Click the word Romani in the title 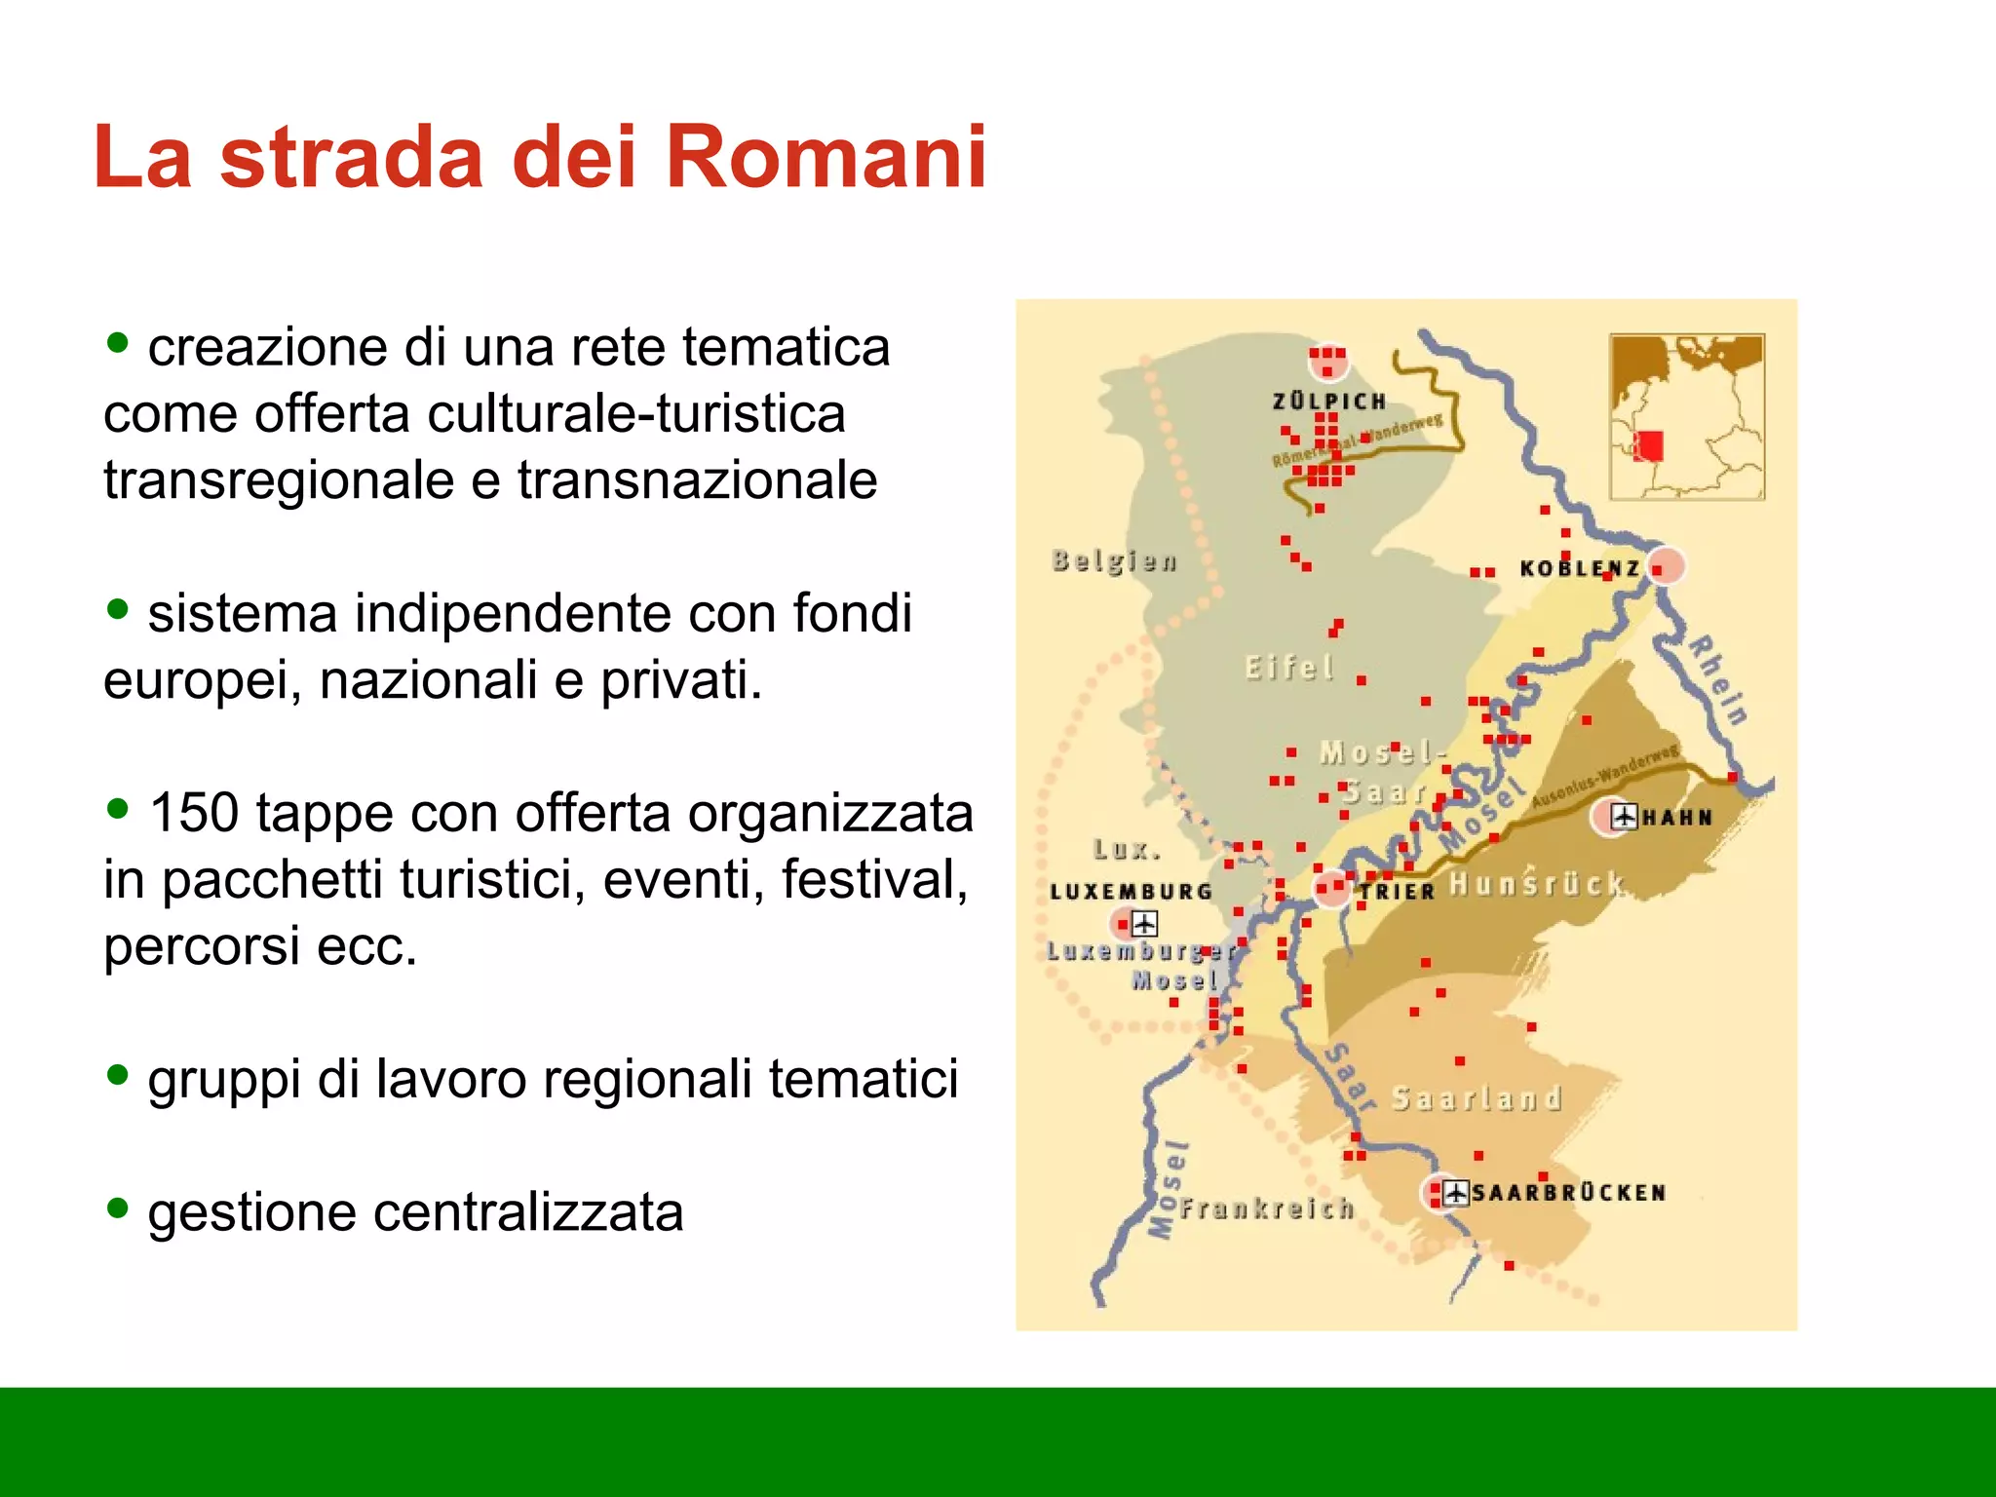tap(826, 158)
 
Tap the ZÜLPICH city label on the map tap(1328, 402)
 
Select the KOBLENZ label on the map tap(1579, 568)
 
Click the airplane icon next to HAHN tap(1624, 816)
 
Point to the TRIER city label tap(1398, 891)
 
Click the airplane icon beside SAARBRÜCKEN tap(1455, 1192)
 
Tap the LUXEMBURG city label tap(1131, 891)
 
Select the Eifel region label tap(1288, 668)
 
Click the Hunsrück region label tap(1536, 884)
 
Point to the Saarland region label tap(1476, 1098)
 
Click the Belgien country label tap(1114, 561)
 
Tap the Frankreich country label tap(1266, 1209)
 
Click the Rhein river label tap(1718, 679)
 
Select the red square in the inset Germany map tap(1649, 445)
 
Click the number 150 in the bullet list tap(194, 813)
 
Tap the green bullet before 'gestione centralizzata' tap(118, 1209)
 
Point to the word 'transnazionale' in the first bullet tap(697, 480)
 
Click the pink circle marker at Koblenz tap(1667, 565)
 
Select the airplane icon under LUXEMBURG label tap(1144, 922)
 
